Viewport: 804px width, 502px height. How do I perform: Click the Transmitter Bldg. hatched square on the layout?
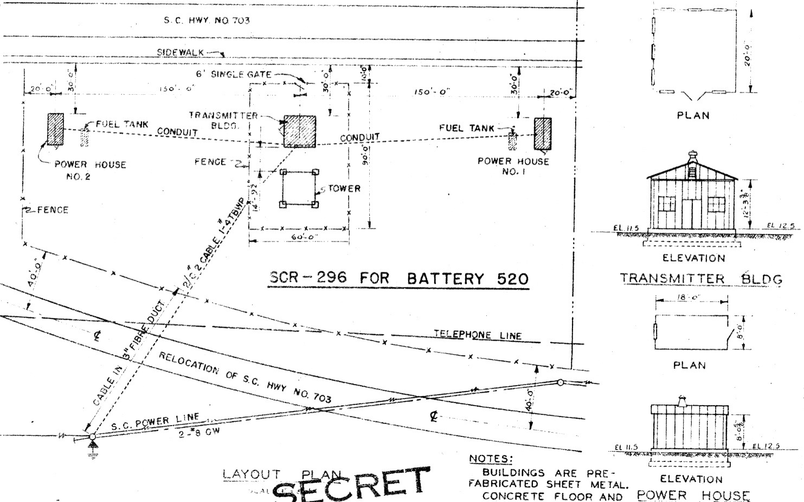pos(299,131)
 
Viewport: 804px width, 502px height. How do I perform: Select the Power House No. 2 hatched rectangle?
pos(55,129)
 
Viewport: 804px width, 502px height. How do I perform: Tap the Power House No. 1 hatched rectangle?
pos(543,133)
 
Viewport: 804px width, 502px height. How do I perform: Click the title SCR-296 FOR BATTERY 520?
pos(398,278)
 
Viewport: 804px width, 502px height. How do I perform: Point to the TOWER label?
pos(344,188)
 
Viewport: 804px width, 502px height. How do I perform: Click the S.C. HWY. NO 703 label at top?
pos(207,21)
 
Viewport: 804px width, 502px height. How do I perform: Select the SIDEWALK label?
pos(181,52)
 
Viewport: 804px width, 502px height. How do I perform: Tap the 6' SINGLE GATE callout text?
pos(234,74)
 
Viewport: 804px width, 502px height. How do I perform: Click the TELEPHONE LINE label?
pos(477,335)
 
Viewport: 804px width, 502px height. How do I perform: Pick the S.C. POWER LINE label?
pos(156,422)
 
